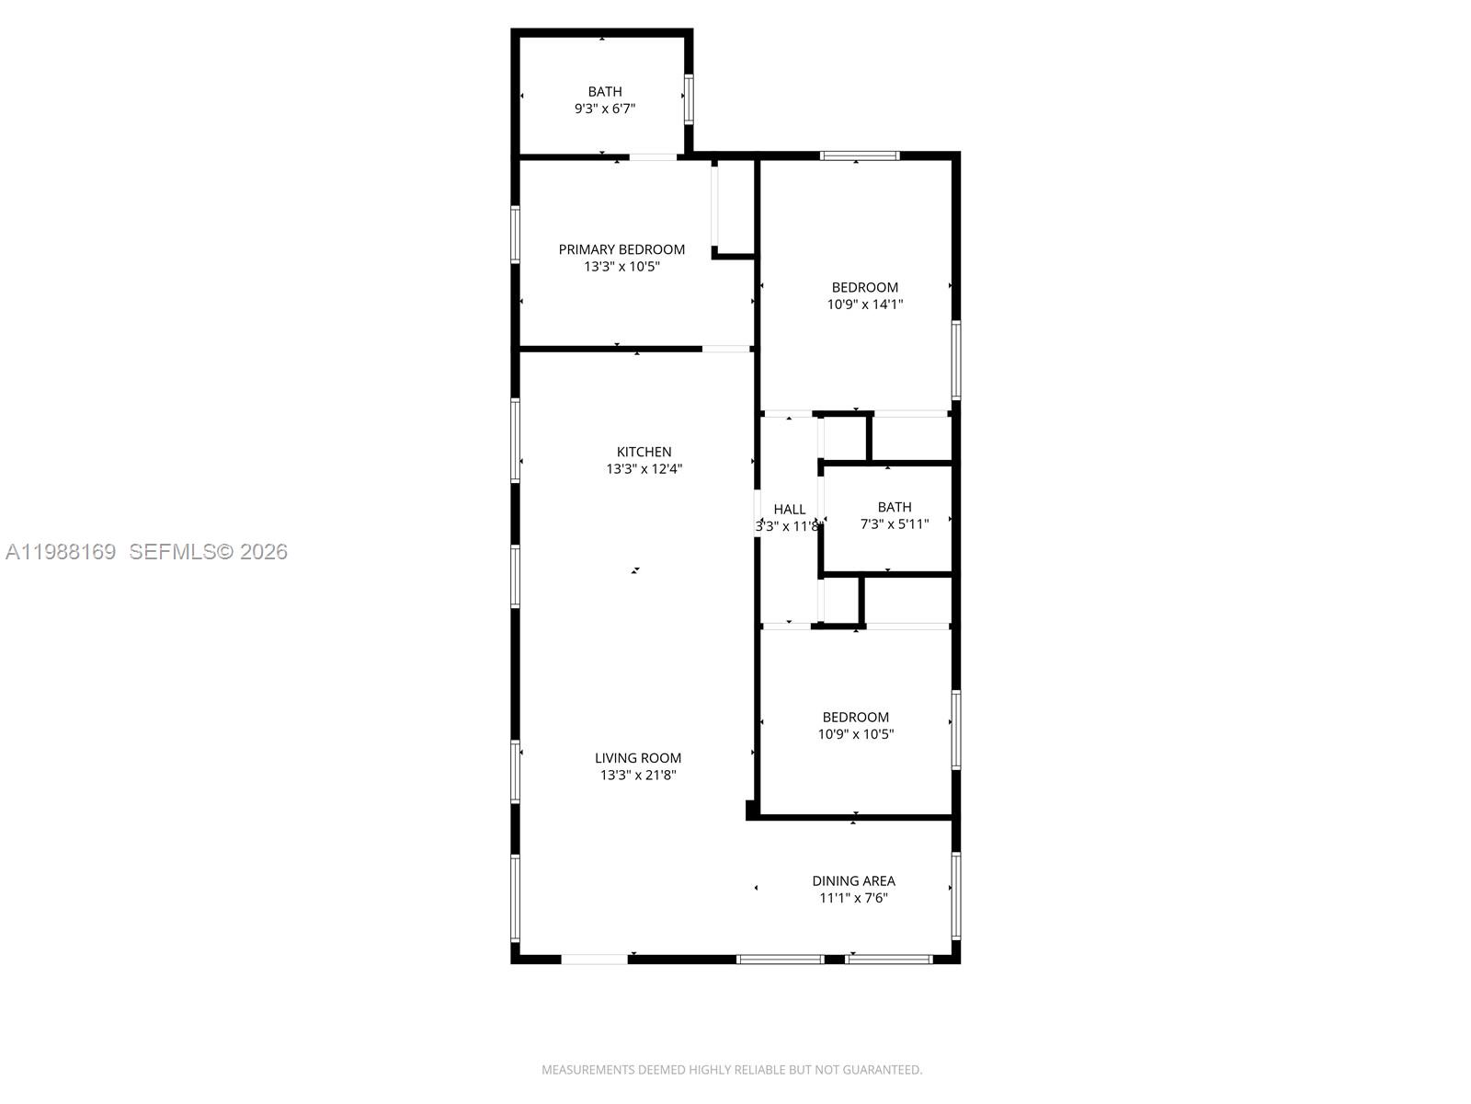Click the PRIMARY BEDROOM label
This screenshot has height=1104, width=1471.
click(x=621, y=249)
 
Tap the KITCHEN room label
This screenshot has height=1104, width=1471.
click(x=644, y=452)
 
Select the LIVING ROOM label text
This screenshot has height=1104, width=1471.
click(x=638, y=758)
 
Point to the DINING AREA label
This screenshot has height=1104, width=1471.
click(x=853, y=880)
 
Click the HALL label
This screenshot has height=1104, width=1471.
click(x=789, y=509)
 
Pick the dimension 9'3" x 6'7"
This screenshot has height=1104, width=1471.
click(x=605, y=109)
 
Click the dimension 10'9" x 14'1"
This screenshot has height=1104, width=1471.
click(x=865, y=305)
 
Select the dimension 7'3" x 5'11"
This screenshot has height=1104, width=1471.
click(x=894, y=524)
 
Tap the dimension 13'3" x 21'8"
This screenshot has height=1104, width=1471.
click(x=638, y=776)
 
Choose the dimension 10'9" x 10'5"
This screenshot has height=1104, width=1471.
click(x=856, y=734)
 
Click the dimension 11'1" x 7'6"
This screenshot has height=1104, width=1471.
click(x=853, y=898)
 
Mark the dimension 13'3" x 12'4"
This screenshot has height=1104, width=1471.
click(x=644, y=469)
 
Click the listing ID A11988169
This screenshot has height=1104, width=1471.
click(x=61, y=552)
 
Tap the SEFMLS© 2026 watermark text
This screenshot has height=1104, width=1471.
click(x=208, y=552)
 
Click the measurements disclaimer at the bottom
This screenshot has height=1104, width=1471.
click(x=732, y=1070)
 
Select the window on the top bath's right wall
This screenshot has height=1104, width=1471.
click(x=688, y=99)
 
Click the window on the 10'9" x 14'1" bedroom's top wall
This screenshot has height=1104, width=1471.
click(x=860, y=155)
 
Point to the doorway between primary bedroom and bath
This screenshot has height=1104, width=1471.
click(x=653, y=157)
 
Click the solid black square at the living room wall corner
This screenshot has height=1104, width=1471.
click(x=751, y=810)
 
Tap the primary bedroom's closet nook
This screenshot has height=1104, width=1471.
click(x=735, y=207)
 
